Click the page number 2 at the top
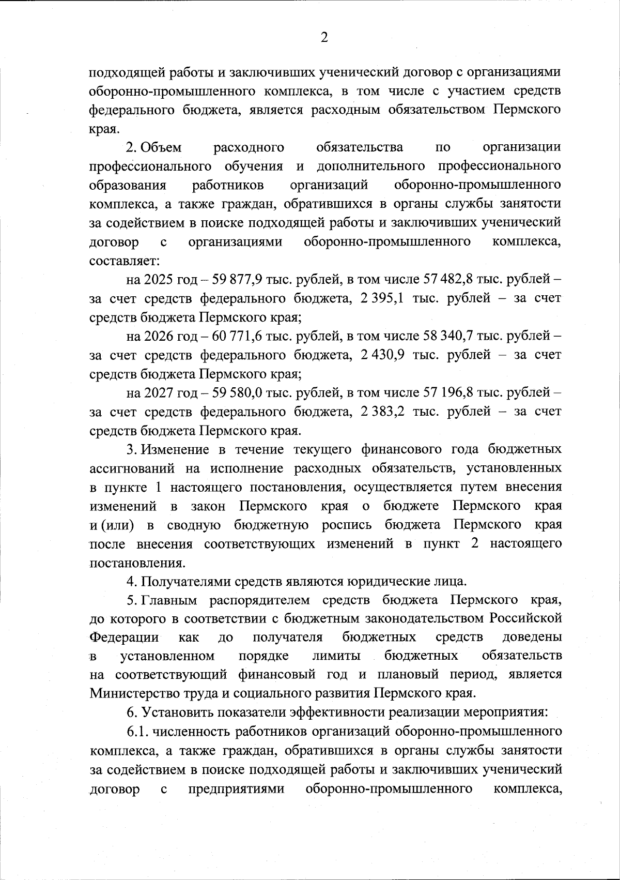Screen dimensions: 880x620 click(324, 38)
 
